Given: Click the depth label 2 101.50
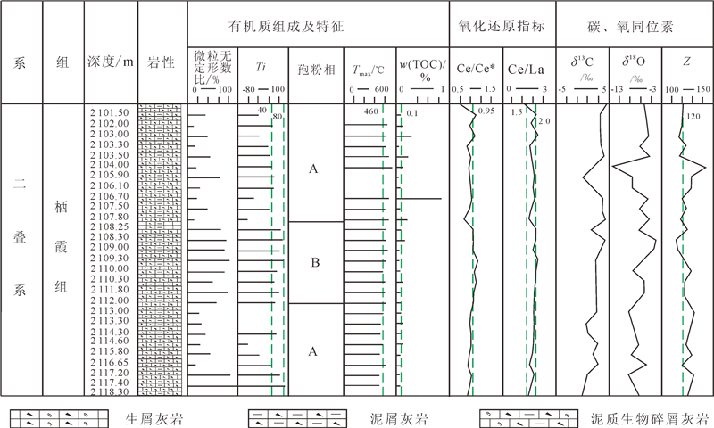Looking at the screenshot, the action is click(x=111, y=112).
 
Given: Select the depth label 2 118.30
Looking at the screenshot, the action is click(x=111, y=391).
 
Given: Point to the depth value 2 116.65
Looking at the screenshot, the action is click(x=111, y=363).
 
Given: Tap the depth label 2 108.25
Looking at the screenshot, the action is click(x=111, y=226).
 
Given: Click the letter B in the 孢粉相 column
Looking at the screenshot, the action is click(x=313, y=263).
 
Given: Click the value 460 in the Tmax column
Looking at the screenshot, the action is click(x=371, y=112).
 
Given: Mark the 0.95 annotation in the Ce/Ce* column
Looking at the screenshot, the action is click(x=486, y=111).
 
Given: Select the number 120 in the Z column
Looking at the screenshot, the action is click(x=693, y=117).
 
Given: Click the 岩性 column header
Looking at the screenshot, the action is click(x=162, y=63).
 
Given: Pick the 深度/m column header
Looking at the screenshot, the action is click(x=111, y=63).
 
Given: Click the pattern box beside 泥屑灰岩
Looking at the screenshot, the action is click(x=295, y=416).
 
